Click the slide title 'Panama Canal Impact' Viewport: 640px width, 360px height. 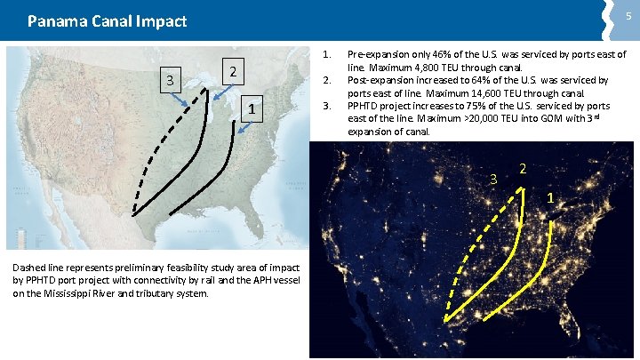[107, 20]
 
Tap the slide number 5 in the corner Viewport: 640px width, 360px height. [628, 15]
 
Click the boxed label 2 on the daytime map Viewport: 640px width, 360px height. [231, 72]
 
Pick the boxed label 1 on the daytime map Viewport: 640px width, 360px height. [253, 109]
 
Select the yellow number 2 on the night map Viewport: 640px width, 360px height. [522, 169]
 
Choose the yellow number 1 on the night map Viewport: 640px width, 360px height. [550, 196]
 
